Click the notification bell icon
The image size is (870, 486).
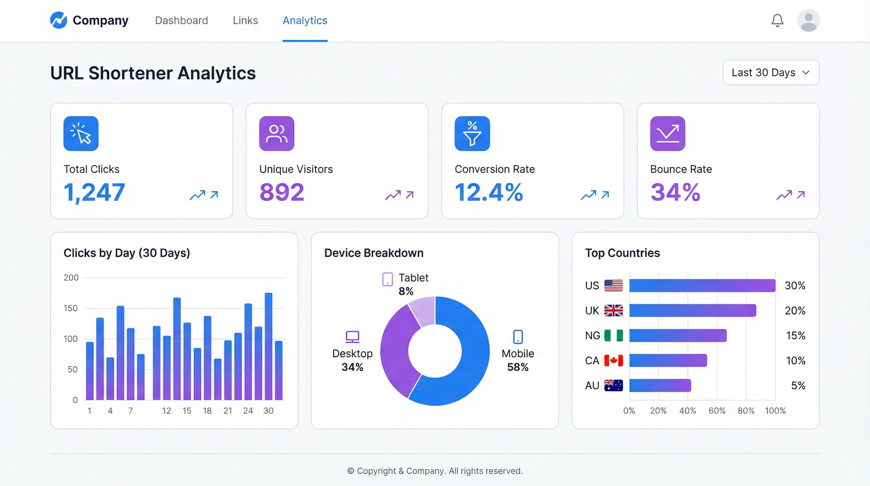pos(777,20)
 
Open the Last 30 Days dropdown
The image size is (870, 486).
pos(771,73)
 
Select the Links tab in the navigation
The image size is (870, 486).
pos(245,20)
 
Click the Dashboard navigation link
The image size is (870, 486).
pos(181,20)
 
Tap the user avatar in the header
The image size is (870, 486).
pos(808,20)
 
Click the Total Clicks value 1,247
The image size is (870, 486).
pos(94,192)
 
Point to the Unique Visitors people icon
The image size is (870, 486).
pos(276,134)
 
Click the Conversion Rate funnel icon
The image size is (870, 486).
pos(472,134)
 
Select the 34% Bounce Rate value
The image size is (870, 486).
pos(675,192)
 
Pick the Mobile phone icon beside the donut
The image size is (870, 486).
pos(517,337)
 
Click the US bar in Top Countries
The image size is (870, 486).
pos(702,286)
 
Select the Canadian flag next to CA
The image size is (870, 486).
pos(614,361)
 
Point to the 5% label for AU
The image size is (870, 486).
pos(798,386)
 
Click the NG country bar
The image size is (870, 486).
pos(677,336)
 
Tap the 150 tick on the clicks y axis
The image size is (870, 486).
pos(71,308)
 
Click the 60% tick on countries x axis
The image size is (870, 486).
pos(716,411)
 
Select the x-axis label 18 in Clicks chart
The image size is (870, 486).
pos(207,411)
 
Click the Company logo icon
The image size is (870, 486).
pos(58,20)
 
